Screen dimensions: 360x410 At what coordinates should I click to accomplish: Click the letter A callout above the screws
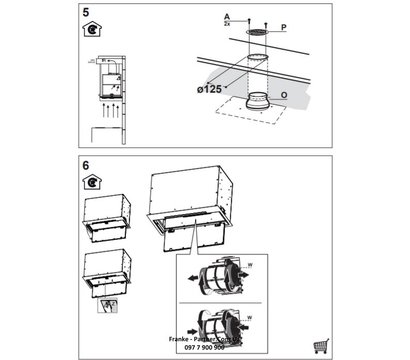(227, 17)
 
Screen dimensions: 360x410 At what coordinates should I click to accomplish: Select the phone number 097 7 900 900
(205, 346)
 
